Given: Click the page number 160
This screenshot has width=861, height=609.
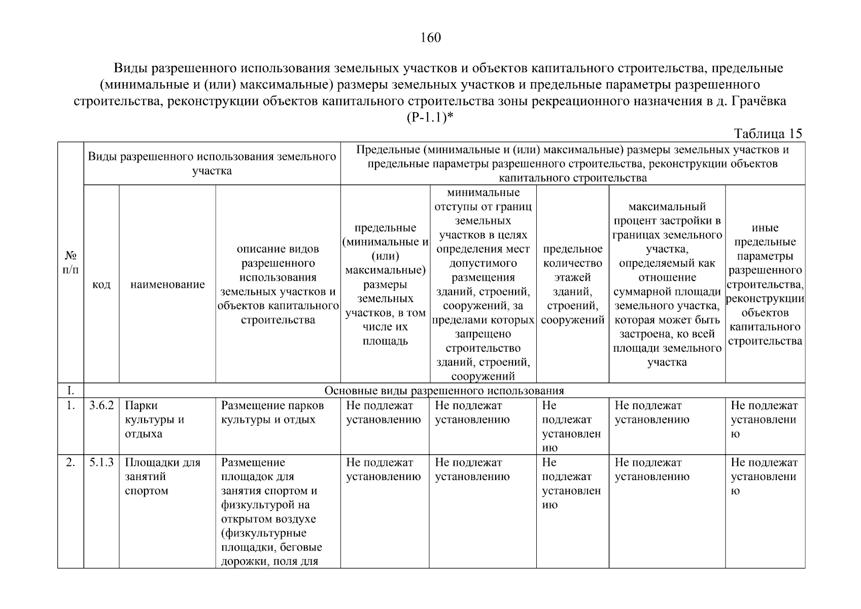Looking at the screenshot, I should click(430, 38).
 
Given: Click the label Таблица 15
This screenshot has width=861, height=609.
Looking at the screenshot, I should click(768, 133).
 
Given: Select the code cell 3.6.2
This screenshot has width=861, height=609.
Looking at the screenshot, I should click(101, 405).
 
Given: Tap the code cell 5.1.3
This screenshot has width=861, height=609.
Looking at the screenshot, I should click(101, 462).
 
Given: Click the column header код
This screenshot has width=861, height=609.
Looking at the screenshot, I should click(101, 284).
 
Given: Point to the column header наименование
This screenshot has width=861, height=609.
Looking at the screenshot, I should click(167, 284).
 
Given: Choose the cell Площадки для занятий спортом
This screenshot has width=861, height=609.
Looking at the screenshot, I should click(162, 477).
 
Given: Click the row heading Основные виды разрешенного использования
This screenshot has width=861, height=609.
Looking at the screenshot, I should click(444, 391).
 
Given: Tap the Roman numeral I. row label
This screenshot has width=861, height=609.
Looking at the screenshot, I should click(71, 391).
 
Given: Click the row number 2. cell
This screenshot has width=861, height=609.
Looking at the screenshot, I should click(71, 462).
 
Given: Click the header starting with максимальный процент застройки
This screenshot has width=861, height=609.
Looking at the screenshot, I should click(667, 284).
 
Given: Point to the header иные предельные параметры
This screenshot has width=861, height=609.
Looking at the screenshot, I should click(765, 284).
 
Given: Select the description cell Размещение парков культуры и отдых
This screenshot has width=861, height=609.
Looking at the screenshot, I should click(272, 413).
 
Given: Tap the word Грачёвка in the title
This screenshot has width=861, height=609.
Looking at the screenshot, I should click(758, 101).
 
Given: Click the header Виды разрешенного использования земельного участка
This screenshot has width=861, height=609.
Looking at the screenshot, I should click(212, 163).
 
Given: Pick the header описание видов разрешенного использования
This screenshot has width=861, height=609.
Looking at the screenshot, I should click(278, 284).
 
